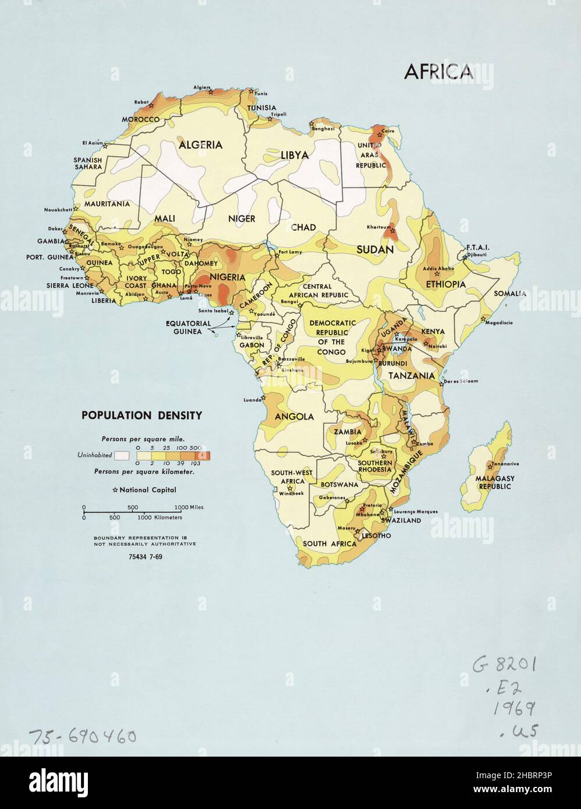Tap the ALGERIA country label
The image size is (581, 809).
[x=200, y=144]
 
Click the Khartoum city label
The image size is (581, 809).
[x=379, y=226]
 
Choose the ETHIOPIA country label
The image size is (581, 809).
[x=445, y=284]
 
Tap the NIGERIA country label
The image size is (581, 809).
[x=228, y=277]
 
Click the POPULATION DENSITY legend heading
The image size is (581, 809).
[x=141, y=416]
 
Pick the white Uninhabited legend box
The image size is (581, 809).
[x=121, y=455]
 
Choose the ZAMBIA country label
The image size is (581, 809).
[x=347, y=431]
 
